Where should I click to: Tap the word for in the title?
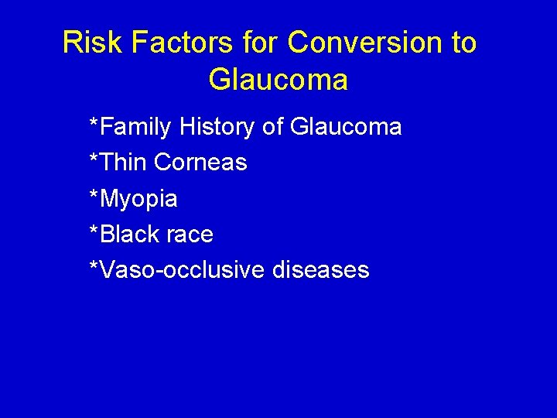point(260,43)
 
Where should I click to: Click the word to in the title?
point(462,43)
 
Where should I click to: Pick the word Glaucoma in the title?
point(278,80)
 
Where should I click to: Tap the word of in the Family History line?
point(273,127)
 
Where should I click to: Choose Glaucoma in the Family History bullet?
point(346,127)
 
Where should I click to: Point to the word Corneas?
point(200,163)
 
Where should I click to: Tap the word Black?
point(127,234)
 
